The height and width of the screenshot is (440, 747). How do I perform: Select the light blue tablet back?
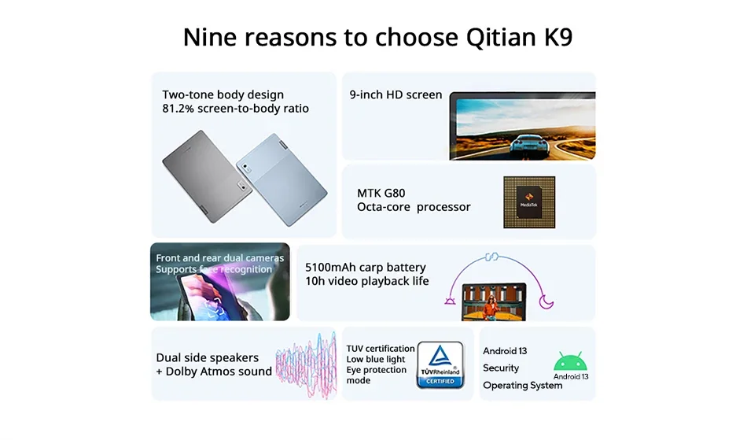[282, 179]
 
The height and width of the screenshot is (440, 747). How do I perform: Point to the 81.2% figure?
[178, 109]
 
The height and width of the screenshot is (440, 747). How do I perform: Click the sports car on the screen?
[529, 145]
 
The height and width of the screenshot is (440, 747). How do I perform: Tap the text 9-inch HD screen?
[396, 95]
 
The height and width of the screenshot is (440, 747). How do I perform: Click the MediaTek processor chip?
[529, 202]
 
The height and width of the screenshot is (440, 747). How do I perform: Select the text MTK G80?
[381, 193]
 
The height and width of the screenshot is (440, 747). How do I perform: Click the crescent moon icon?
[546, 301]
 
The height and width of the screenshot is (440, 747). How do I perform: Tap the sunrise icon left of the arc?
[451, 301]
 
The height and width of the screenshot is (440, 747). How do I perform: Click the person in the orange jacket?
[491, 307]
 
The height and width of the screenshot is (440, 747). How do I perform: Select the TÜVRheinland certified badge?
[440, 364]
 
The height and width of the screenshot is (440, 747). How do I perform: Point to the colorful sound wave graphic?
[307, 365]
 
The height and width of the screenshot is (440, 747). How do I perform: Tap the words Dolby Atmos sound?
[219, 372]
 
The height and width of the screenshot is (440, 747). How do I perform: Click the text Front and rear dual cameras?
[219, 258]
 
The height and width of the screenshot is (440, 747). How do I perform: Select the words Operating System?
[523, 385]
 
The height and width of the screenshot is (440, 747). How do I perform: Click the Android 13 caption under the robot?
[571, 376]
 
